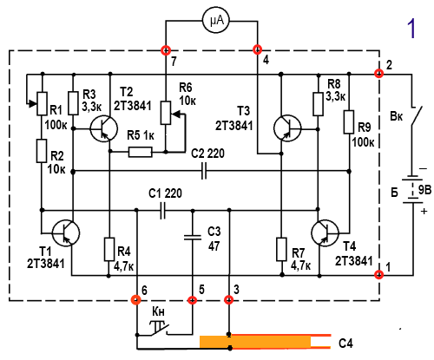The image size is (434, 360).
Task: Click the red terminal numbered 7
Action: (166, 50)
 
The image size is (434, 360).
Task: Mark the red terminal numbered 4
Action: (257, 49)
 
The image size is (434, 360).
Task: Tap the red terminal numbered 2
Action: (378, 74)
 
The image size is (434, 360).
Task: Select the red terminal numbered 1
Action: (378, 274)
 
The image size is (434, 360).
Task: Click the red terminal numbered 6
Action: (136, 299)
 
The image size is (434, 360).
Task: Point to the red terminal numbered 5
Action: (192, 300)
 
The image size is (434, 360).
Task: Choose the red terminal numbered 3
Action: (229, 299)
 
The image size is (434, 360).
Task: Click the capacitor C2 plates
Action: (204, 171)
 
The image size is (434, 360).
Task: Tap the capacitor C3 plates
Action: (193, 238)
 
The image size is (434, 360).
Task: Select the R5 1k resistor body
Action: (140, 152)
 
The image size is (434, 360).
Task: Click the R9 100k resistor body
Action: (349, 121)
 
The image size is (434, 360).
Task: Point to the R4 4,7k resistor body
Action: (109, 249)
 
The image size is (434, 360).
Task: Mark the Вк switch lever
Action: (417, 116)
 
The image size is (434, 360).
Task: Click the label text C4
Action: (345, 344)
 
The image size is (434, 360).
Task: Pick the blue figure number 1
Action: (411, 28)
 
